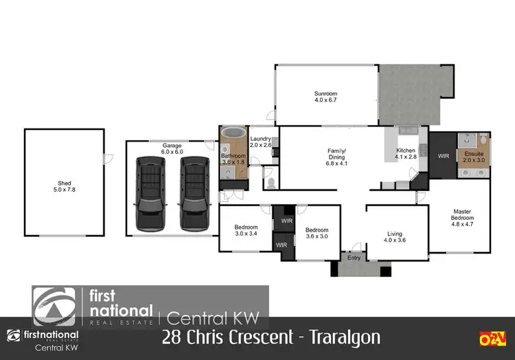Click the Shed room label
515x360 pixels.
(x=64, y=183)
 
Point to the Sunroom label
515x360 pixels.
(x=325, y=93)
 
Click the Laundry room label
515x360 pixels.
(x=261, y=138)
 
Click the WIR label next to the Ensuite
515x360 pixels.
(x=443, y=156)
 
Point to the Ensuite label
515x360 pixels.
(x=474, y=153)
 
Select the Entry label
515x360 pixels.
(x=354, y=258)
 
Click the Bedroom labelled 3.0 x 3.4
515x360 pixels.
(x=245, y=227)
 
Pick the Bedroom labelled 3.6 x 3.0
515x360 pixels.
(x=317, y=230)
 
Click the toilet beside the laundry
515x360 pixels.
(x=271, y=183)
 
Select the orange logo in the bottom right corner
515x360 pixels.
(x=492, y=337)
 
